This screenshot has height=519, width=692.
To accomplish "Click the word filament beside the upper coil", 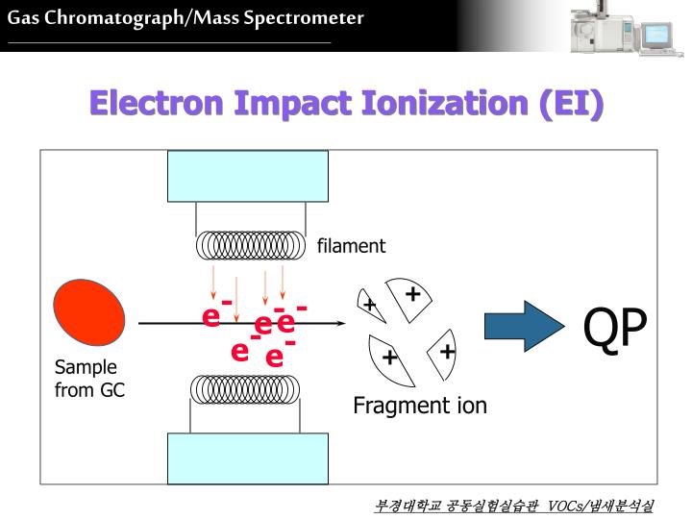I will [x=351, y=246].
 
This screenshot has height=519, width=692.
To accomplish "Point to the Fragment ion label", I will [x=420, y=406].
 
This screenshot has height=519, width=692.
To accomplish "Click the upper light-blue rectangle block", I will [x=248, y=176].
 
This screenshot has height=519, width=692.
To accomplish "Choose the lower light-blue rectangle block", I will [x=248, y=458].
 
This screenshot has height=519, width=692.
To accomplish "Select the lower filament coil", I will [x=249, y=388].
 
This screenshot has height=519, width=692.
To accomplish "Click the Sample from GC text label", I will [x=88, y=379].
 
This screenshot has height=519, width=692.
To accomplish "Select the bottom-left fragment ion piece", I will [x=390, y=358].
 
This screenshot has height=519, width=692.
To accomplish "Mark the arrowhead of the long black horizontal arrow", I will [x=338, y=325].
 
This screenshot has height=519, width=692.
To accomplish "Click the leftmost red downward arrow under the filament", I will [x=214, y=284].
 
